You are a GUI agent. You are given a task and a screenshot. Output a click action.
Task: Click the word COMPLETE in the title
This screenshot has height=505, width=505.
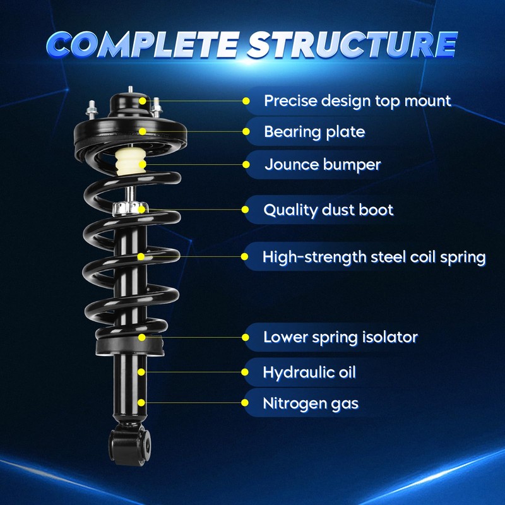(142, 44)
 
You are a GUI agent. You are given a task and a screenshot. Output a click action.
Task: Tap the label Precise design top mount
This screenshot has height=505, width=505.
(357, 100)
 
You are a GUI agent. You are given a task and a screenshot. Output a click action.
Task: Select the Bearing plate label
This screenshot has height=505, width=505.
(314, 132)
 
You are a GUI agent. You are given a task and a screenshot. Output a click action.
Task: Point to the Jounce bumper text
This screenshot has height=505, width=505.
(323, 165)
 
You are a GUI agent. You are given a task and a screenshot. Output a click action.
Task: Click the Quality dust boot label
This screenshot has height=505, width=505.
(328, 210)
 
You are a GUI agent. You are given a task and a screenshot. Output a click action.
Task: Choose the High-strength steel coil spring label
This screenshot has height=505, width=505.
(374, 257)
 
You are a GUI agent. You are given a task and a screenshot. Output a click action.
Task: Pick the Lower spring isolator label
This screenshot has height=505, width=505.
(340, 337)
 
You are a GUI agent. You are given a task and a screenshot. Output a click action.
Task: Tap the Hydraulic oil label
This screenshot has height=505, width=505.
(309, 372)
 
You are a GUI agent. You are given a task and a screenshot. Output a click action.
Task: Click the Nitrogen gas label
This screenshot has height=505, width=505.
(311, 402)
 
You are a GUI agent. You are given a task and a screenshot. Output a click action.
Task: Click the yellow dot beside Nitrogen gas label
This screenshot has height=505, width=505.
(246, 402)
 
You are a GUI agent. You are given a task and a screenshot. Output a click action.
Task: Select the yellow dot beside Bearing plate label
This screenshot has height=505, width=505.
(246, 132)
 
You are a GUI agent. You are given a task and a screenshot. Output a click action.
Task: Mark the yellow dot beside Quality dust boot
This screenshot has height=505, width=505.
(246, 210)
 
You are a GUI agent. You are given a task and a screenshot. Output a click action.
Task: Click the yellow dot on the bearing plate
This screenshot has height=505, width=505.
(143, 131)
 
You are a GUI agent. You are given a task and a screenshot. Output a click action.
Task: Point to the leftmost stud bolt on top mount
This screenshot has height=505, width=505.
(91, 109)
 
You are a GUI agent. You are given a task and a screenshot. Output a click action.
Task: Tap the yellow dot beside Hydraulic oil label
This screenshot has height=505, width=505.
(246, 372)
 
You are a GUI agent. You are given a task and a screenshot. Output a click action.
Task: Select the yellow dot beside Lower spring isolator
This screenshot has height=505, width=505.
(246, 337)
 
